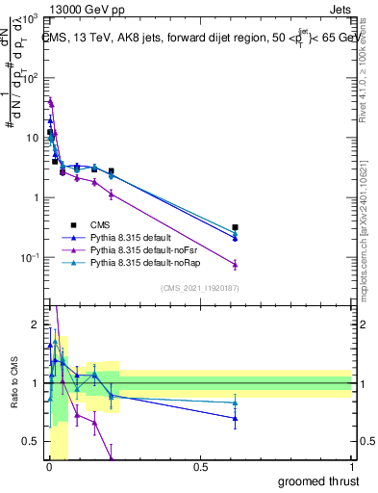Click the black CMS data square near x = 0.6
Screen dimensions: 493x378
coord(235,227)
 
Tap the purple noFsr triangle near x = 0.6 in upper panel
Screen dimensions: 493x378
coord(235,264)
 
